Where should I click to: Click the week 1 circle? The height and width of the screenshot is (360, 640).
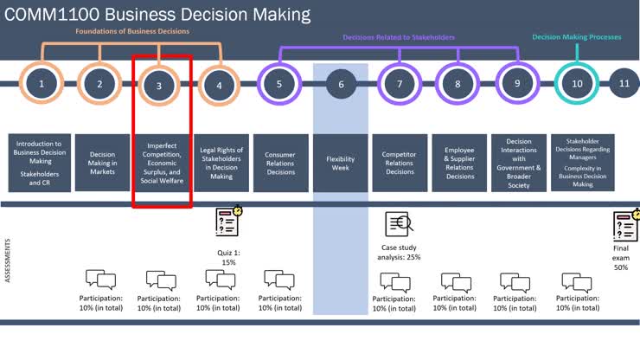(42, 84)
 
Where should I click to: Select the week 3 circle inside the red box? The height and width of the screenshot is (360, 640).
(159, 85)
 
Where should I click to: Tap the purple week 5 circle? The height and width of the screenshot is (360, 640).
(279, 84)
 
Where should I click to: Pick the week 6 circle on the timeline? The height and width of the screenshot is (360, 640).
(341, 84)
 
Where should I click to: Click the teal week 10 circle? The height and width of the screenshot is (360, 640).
(577, 84)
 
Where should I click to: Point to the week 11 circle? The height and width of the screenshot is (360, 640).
(624, 84)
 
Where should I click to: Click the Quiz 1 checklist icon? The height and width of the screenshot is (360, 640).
(228, 222)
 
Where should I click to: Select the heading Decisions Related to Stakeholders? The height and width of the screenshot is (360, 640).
(399, 37)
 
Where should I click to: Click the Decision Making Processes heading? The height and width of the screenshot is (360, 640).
(577, 37)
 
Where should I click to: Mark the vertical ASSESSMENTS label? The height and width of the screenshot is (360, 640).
(9, 260)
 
